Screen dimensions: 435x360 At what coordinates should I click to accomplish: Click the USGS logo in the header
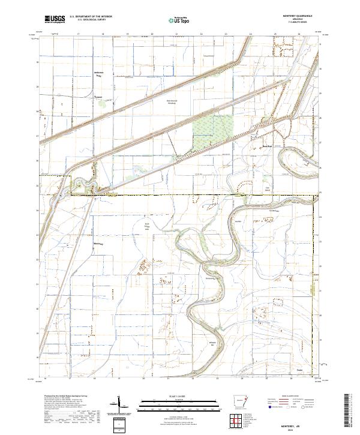(x=55, y=20)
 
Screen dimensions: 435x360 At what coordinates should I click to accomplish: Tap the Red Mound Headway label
(x=172, y=101)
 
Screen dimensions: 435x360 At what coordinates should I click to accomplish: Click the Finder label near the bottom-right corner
(x=299, y=370)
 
